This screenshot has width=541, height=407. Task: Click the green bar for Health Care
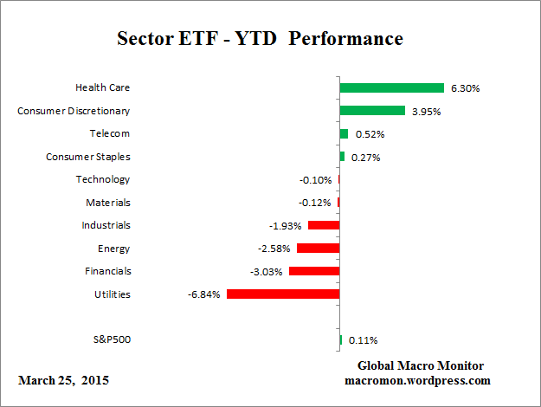pyautogui.click(x=391, y=87)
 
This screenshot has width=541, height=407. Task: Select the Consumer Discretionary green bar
pyautogui.click(x=372, y=111)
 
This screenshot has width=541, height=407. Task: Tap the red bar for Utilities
pyautogui.click(x=282, y=294)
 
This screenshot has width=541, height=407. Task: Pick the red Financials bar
pyautogui.click(x=313, y=271)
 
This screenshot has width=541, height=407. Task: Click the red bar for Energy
pyautogui.click(x=318, y=249)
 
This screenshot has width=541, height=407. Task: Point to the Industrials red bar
pyautogui.click(x=323, y=225)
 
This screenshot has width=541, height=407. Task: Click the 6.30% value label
pyautogui.click(x=463, y=88)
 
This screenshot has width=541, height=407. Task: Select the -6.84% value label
pyautogui.click(x=203, y=294)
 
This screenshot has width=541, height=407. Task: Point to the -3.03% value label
pyautogui.click(x=266, y=272)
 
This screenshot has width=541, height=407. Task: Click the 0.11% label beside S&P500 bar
pyautogui.click(x=363, y=340)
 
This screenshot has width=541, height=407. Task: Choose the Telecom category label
pyautogui.click(x=110, y=133)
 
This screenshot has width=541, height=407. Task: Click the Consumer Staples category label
pyautogui.click(x=87, y=157)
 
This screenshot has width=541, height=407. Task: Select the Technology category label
pyautogui.click(x=102, y=179)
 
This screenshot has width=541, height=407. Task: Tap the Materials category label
pyautogui.click(x=107, y=203)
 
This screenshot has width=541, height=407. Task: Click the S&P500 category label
pyautogui.click(x=111, y=340)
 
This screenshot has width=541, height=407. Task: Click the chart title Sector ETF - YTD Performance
pyautogui.click(x=260, y=40)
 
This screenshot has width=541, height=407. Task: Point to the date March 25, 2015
pyautogui.click(x=63, y=380)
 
